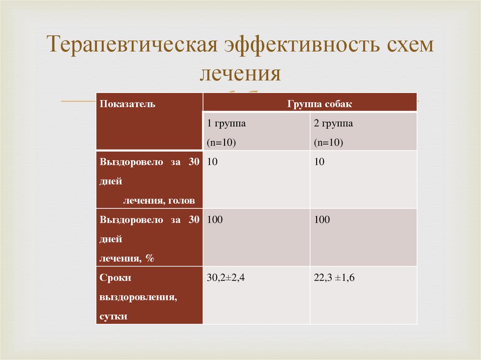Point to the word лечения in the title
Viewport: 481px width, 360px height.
[x=240, y=74]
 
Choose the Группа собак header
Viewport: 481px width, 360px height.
[x=319, y=104]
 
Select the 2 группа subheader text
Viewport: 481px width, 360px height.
[x=334, y=124]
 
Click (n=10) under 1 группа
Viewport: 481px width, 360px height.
[x=221, y=143]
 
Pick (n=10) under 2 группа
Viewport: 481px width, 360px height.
[x=328, y=143]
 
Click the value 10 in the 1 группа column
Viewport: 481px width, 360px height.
[x=212, y=162]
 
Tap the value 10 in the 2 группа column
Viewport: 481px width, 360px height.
[x=319, y=162]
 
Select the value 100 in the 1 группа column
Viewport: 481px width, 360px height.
[x=215, y=220]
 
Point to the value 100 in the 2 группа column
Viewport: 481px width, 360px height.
[x=322, y=220]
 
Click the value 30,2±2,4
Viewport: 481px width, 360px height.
[x=226, y=278]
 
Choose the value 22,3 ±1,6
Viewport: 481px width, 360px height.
[x=334, y=278]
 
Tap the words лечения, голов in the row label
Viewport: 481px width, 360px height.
[x=159, y=201]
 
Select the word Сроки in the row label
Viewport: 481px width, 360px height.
[x=115, y=278]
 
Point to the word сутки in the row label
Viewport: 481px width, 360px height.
[x=113, y=316]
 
